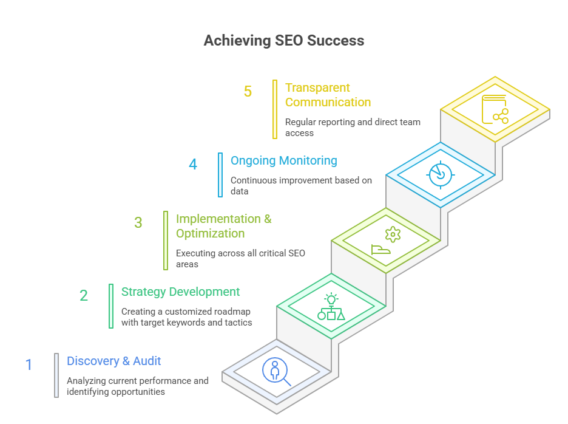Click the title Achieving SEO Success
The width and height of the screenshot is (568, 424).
[x=283, y=41]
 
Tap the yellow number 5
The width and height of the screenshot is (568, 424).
[x=248, y=92]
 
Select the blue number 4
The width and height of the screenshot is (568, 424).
[x=193, y=165]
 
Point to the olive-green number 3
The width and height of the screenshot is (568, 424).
[x=138, y=223]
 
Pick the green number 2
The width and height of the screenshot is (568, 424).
[x=84, y=296]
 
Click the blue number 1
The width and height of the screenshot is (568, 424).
[x=29, y=365]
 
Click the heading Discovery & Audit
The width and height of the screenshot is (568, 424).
[x=114, y=361]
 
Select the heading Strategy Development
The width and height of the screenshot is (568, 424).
[x=181, y=292]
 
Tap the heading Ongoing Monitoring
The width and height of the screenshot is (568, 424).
[x=283, y=161]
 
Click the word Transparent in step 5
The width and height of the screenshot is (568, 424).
[x=317, y=88]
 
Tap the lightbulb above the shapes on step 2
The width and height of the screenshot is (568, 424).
[x=331, y=299]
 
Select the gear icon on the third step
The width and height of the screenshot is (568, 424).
[x=393, y=234]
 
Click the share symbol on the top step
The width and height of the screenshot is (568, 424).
[x=500, y=116]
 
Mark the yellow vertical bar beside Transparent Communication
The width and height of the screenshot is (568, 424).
[x=275, y=109]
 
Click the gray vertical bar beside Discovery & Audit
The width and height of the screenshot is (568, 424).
[x=56, y=375]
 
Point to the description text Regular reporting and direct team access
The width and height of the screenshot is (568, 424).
[x=353, y=127]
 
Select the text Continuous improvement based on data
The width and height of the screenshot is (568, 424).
[x=301, y=185]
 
